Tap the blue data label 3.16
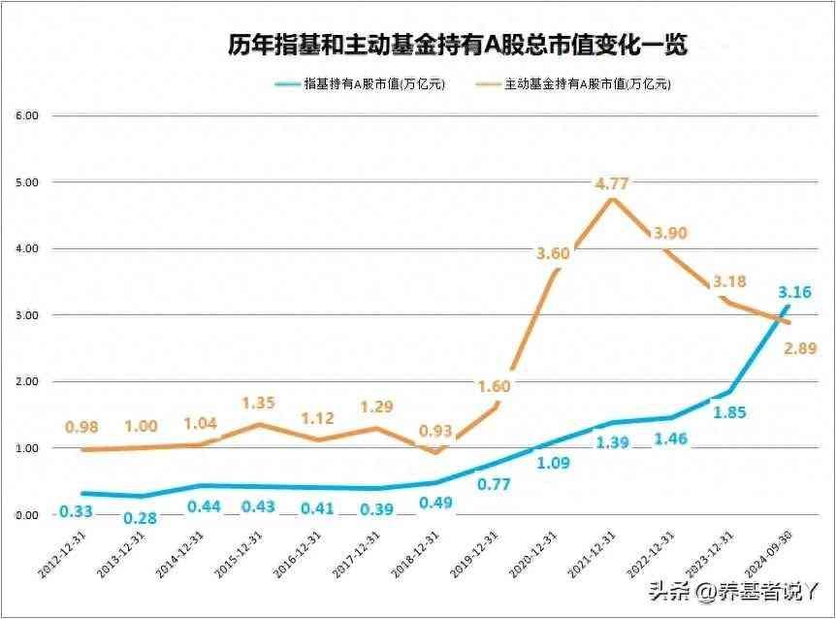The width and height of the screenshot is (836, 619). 794,293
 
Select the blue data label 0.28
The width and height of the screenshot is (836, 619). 138,520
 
